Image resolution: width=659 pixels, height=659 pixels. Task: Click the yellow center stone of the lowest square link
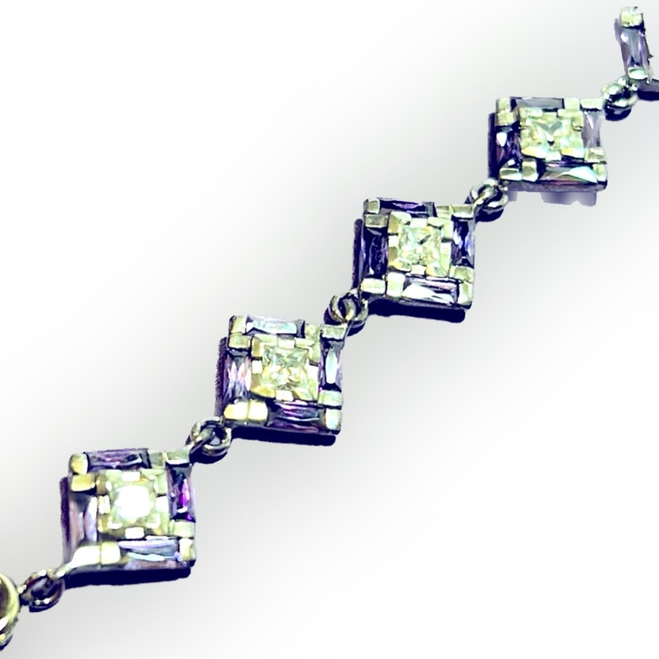(x=132, y=504)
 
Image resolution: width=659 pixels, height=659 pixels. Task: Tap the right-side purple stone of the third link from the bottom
(x=463, y=241)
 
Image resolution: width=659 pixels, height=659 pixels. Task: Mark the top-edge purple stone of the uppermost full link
(x=537, y=104)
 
